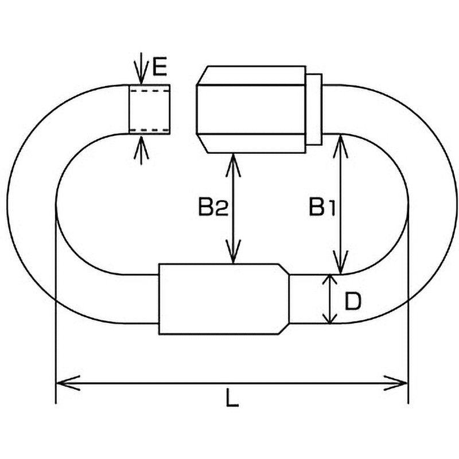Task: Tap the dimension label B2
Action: click(213, 207)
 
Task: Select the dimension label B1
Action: click(321, 207)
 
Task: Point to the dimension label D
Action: click(352, 301)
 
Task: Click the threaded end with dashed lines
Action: click(149, 109)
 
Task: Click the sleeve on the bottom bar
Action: click(218, 299)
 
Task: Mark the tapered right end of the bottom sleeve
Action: click(284, 299)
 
